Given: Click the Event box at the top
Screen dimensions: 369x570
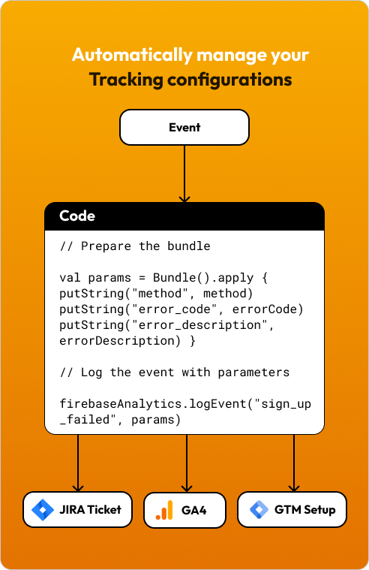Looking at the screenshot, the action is click(184, 127).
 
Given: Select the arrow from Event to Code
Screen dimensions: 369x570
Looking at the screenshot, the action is click(184, 173).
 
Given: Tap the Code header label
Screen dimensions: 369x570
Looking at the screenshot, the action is click(77, 216).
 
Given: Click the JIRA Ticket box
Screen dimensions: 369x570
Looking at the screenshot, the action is click(77, 509).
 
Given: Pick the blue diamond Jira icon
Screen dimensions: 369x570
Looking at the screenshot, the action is click(43, 510).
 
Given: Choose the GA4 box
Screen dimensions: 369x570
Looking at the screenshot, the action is click(184, 510).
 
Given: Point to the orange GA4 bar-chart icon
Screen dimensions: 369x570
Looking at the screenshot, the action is click(164, 510).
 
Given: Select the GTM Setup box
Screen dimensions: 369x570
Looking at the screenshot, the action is click(292, 509).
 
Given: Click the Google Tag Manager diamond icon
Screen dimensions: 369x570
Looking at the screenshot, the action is click(259, 510).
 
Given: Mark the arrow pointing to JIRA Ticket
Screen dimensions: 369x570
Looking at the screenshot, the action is click(78, 463).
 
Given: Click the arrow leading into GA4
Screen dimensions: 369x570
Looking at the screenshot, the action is click(187, 463).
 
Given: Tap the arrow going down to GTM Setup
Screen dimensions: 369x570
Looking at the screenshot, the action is click(294, 463).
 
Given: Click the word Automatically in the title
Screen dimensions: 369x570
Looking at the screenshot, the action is click(132, 56).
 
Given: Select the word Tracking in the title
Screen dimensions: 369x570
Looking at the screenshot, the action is click(126, 80).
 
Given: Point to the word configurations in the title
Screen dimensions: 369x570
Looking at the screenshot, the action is click(229, 80).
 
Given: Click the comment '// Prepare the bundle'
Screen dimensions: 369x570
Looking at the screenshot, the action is click(135, 246).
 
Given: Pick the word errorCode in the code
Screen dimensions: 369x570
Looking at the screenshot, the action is click(264, 309).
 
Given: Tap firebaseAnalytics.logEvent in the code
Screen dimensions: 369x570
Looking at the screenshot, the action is click(153, 404).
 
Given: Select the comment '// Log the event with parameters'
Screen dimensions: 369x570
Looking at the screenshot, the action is click(175, 372).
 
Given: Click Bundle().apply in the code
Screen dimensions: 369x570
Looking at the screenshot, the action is click(203, 278).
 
